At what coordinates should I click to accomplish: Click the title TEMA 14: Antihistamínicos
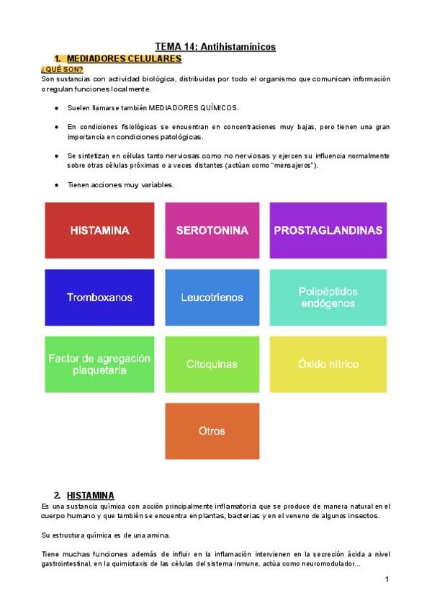[x=215, y=47]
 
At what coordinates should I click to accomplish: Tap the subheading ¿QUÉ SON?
[x=62, y=69]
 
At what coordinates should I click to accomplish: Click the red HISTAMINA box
[x=99, y=231]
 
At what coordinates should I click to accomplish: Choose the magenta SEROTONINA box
[x=212, y=231]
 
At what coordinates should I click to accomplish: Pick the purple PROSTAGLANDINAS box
[x=328, y=231]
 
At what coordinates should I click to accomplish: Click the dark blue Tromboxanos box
[x=99, y=297]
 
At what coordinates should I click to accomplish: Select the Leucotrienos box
[x=212, y=297]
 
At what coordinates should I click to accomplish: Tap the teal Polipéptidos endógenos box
[x=328, y=297]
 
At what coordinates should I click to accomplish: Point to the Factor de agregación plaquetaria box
[x=99, y=364]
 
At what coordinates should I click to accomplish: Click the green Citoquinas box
[x=212, y=364]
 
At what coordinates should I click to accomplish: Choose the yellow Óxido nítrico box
[x=328, y=364]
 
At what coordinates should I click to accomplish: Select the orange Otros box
[x=212, y=431]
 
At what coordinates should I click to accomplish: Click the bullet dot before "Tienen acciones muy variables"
[x=56, y=185]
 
